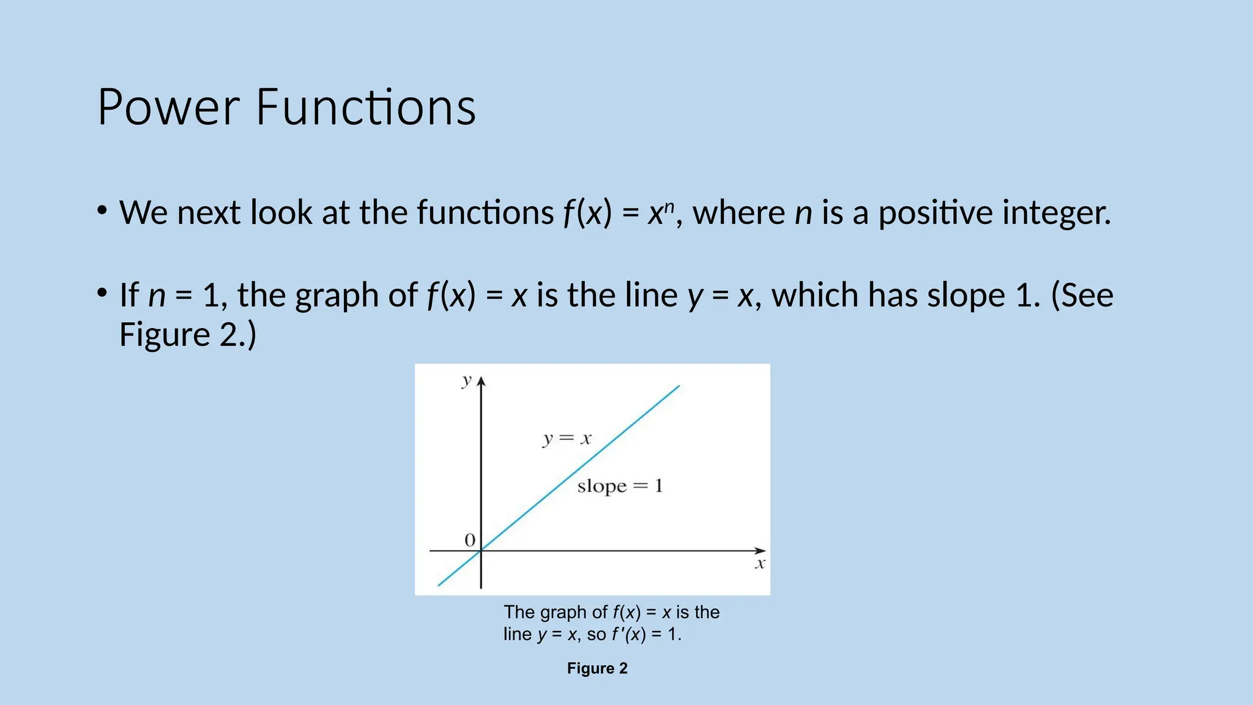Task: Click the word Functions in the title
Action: (365, 108)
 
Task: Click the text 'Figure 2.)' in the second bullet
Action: (187, 335)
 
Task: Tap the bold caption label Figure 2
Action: (597, 668)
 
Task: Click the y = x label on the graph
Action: (567, 439)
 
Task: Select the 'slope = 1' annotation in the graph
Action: (620, 487)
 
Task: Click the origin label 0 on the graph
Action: (470, 540)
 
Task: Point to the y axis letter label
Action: (467, 381)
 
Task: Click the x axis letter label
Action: (760, 564)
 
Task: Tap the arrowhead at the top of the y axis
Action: (481, 382)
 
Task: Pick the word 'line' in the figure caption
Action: (518, 634)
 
